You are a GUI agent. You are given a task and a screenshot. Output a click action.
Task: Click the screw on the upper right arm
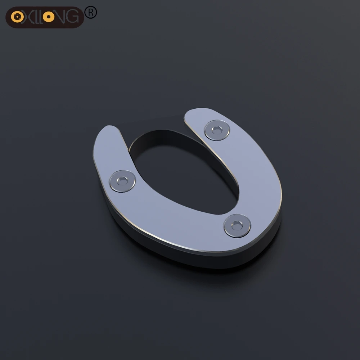tap(217, 130)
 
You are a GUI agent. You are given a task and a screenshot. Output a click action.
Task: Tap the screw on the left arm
tap(122, 181)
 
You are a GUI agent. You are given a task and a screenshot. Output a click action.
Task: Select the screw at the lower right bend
tap(237, 226)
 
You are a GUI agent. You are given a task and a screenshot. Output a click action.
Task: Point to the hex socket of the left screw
tap(122, 181)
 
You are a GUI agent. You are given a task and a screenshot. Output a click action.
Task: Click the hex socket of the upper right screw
tap(217, 130)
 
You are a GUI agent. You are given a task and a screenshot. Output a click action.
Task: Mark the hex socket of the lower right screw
tap(237, 225)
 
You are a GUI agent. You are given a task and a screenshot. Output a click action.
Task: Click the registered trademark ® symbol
tap(91, 12)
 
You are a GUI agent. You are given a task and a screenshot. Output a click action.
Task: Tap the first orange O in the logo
tap(17, 17)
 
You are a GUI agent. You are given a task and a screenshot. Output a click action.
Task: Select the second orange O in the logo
tap(49, 17)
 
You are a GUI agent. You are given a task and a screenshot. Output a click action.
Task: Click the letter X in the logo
tap(28, 17)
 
